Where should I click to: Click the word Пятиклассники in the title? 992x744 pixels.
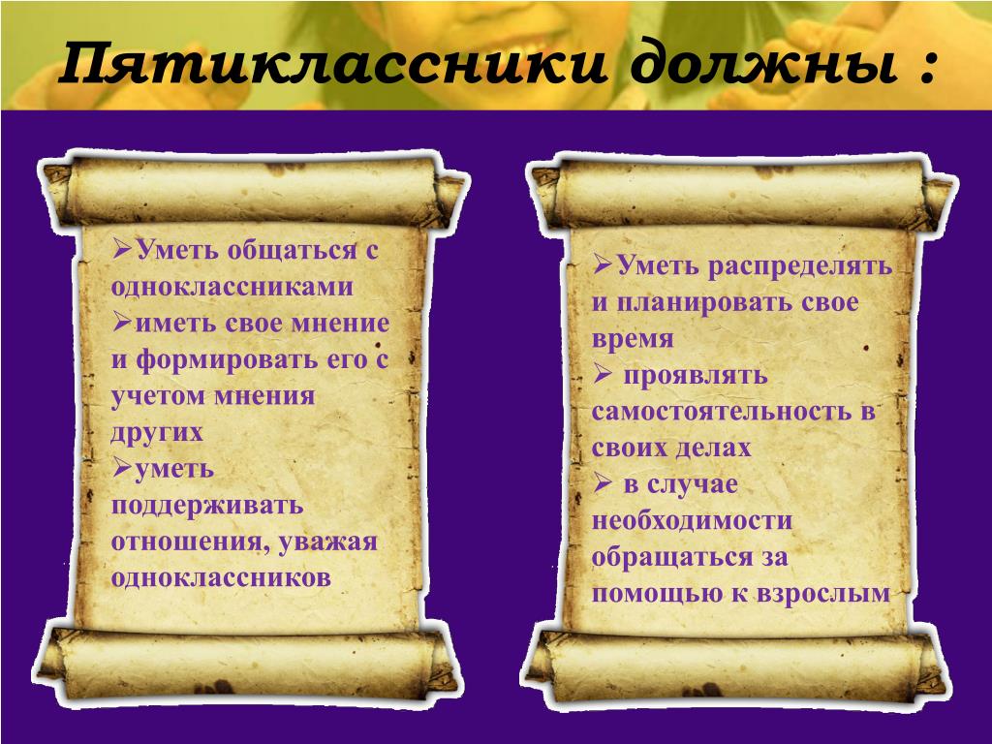[333, 63]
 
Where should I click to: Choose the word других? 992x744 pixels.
[157, 433]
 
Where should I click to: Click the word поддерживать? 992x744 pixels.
[207, 506]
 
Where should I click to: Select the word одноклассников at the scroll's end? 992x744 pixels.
[221, 578]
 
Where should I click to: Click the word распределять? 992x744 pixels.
[799, 266]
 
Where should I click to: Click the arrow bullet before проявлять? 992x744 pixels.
[603, 375]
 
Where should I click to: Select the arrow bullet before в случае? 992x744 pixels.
[603, 484]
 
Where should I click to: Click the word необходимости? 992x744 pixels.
[692, 521]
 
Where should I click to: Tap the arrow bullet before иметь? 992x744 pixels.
[123, 324]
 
